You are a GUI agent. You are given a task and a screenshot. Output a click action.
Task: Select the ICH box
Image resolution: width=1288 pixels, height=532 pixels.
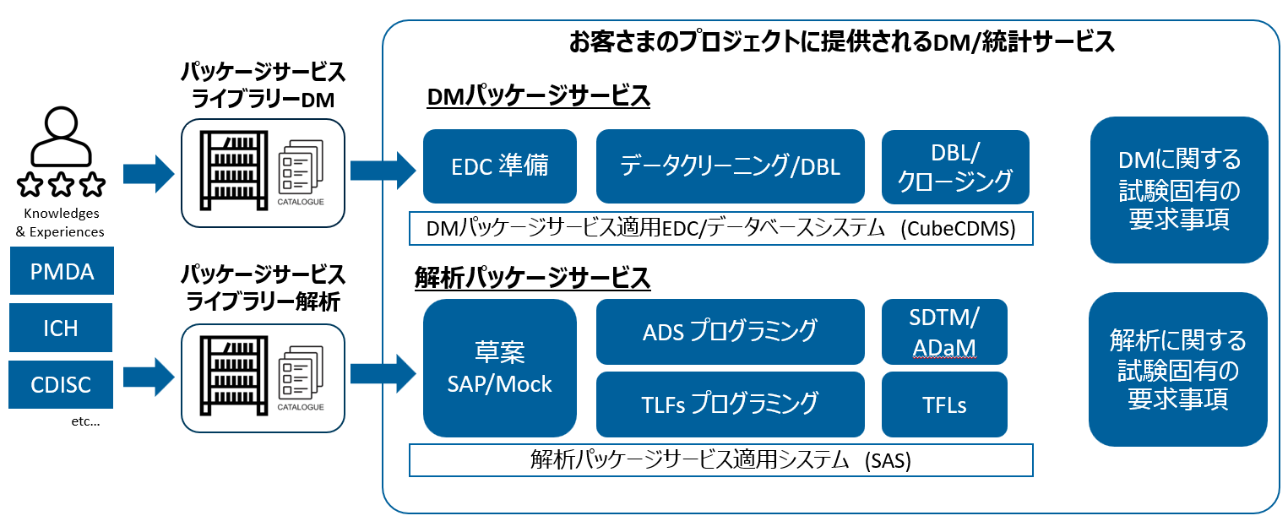pos(61,328)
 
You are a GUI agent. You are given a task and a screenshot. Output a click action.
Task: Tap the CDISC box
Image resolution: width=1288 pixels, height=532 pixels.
pos(61,385)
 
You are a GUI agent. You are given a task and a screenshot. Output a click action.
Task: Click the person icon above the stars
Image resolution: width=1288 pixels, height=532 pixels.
pos(61,138)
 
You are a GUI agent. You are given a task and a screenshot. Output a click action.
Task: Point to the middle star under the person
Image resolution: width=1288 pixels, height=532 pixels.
pos(61,183)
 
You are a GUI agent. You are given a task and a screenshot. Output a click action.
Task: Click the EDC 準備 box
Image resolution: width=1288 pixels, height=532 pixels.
pos(499,166)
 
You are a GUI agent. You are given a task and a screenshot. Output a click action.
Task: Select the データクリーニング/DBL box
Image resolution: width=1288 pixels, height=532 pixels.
pos(730,166)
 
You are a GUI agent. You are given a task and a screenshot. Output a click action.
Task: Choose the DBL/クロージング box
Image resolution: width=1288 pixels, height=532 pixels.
pos(955,166)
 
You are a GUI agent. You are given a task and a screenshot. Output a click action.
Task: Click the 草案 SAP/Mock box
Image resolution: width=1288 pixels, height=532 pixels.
pos(499,367)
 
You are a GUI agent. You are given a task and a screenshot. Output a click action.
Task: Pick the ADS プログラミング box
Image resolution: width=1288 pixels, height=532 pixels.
pos(730,331)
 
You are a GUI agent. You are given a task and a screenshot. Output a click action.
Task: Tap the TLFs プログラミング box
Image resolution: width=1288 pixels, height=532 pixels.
pos(730,404)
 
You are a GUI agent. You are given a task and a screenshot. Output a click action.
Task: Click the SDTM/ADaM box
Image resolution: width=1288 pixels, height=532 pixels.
pos(944,331)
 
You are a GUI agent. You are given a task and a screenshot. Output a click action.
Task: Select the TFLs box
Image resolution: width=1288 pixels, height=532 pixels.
pos(944,404)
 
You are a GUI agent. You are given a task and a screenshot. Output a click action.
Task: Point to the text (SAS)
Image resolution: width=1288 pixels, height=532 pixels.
pos(887,461)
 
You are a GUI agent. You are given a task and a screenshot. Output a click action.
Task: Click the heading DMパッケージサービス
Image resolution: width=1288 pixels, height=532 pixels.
pos(538,97)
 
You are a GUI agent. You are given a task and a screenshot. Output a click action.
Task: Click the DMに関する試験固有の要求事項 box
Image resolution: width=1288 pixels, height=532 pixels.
pos(1179,189)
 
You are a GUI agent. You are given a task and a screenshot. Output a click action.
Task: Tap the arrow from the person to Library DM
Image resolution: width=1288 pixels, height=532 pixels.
pos(148,174)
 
